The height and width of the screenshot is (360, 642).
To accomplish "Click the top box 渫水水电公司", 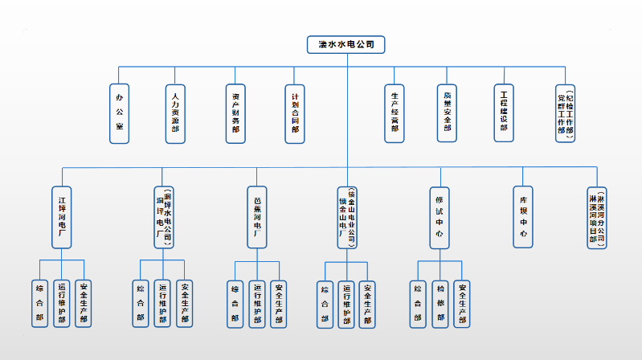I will pos(346,44).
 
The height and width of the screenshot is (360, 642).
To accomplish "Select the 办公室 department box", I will pos(121,112).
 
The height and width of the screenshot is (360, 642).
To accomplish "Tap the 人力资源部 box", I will pos(176,112).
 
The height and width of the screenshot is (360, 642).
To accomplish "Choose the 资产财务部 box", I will pos(235,112).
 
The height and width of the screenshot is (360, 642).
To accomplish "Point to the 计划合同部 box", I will pos(295,112).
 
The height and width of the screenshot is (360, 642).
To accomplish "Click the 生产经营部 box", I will pos(395,112).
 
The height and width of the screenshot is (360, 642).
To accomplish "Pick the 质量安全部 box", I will pos(448,112).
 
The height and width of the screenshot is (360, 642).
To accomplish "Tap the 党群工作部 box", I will pos(566,112).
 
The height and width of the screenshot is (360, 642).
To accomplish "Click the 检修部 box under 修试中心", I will pos(440,303).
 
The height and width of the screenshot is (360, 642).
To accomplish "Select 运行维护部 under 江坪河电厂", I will pos(62,303).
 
